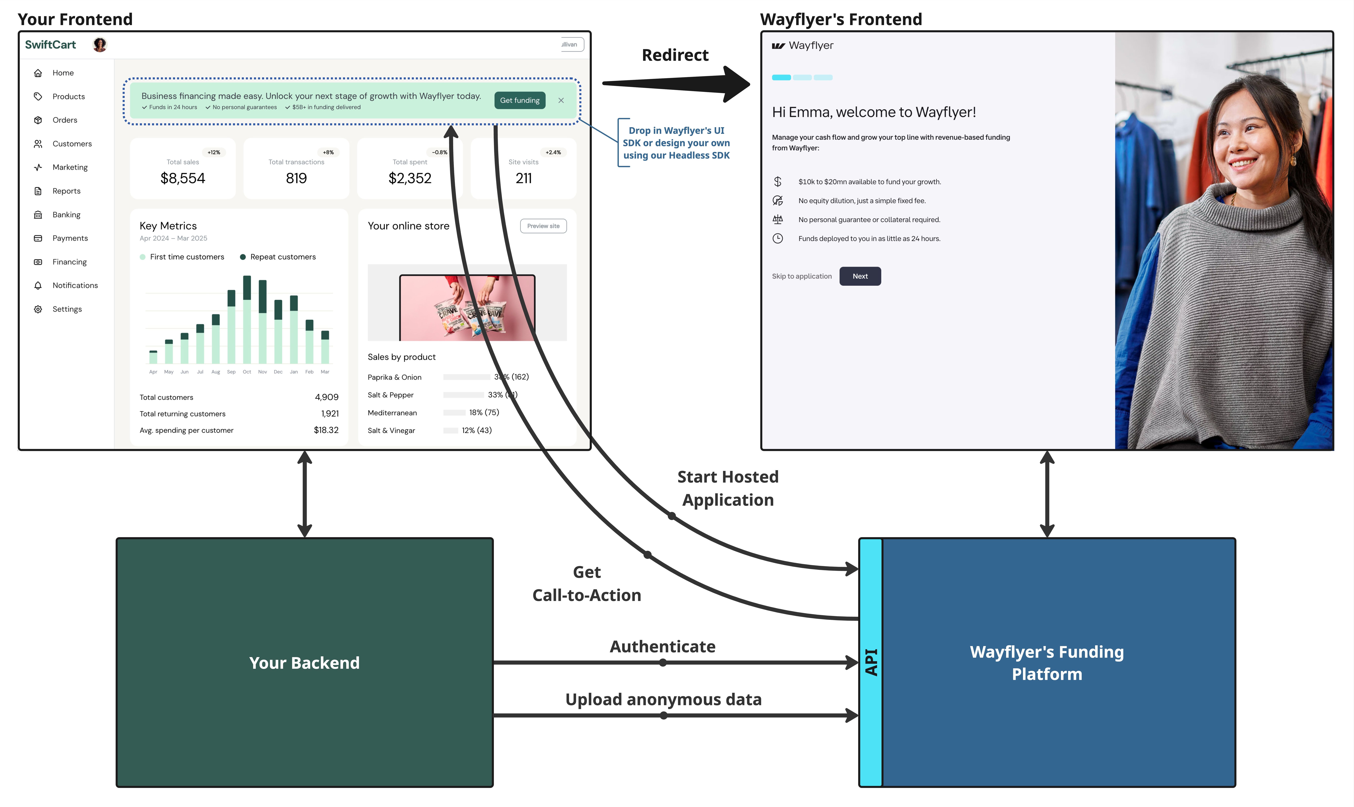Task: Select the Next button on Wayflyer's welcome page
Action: [x=859, y=276]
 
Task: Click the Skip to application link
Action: [x=801, y=276]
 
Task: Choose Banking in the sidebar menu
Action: [x=66, y=215]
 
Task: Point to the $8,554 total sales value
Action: [x=183, y=178]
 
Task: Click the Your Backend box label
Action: [x=304, y=663]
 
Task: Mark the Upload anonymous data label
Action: [x=663, y=699]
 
